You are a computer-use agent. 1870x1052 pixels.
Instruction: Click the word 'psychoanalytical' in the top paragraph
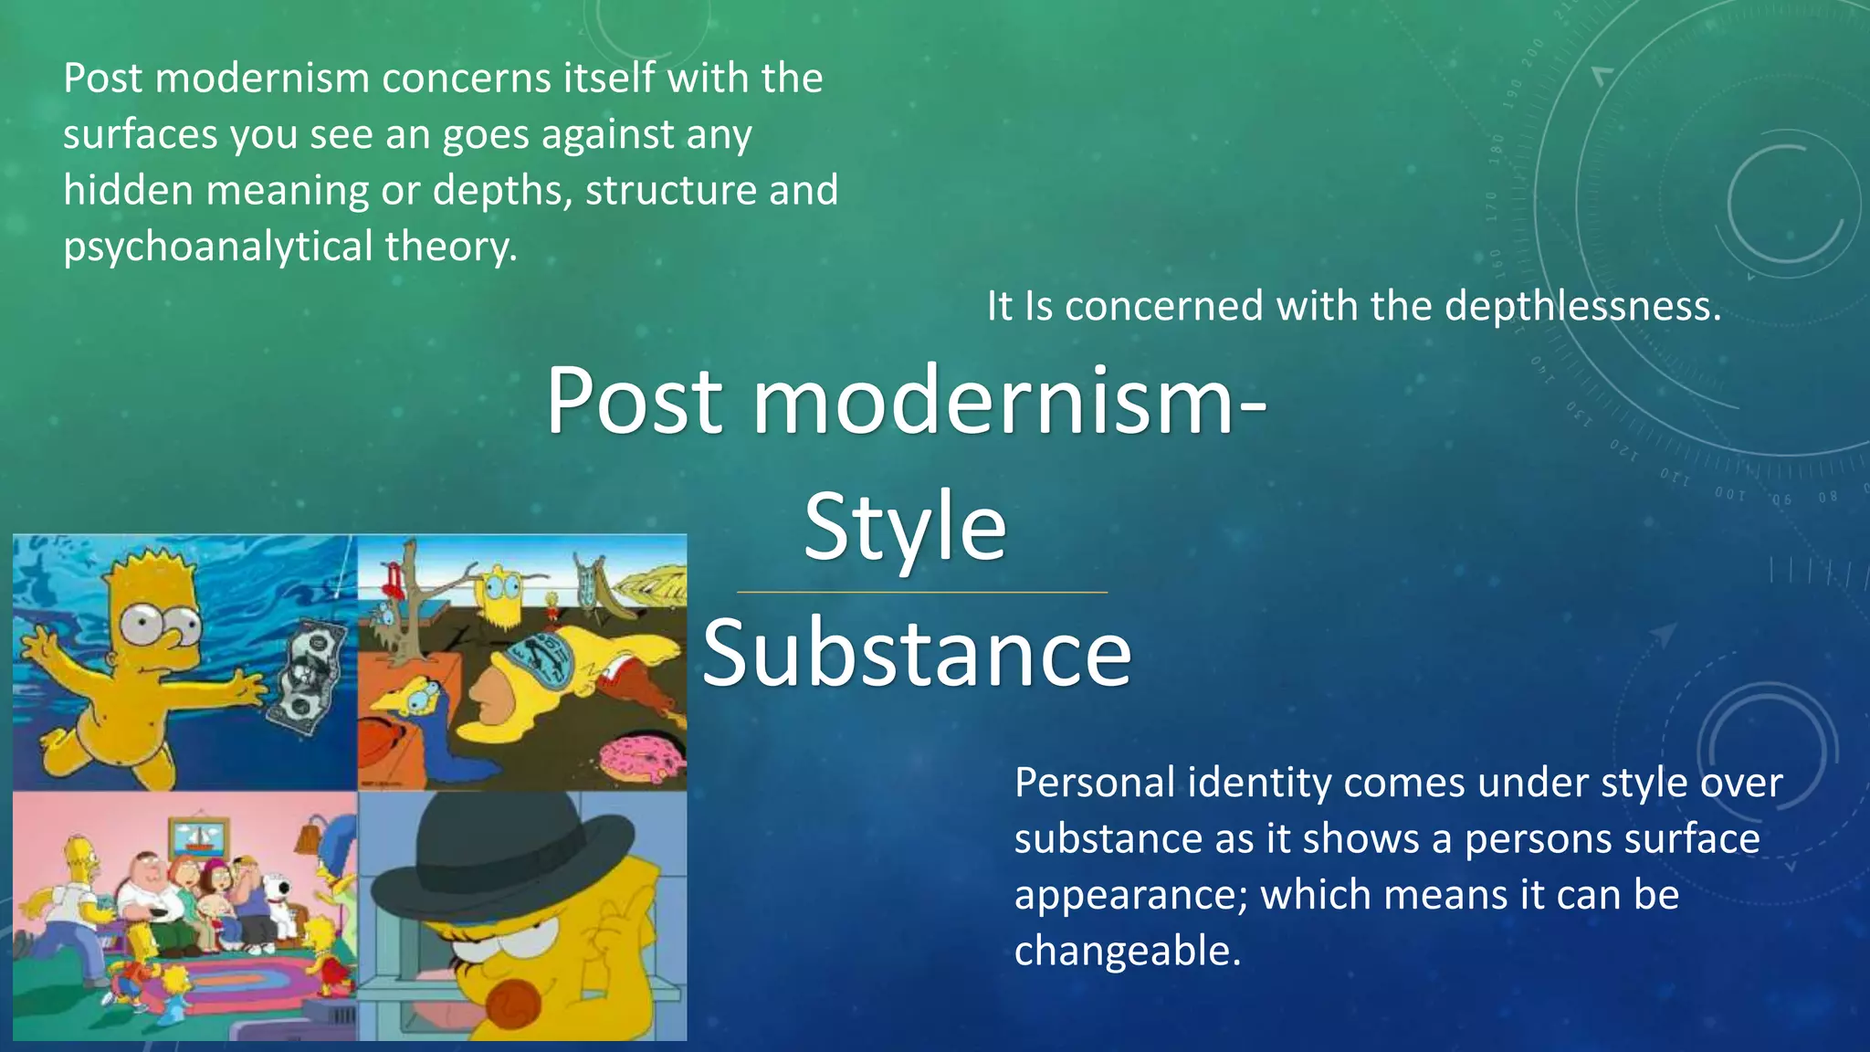pyautogui.click(x=218, y=247)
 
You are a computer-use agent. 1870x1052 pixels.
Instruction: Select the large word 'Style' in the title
pyautogui.click(x=905, y=527)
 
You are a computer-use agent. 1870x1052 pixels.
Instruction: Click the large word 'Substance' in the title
pyautogui.click(x=917, y=653)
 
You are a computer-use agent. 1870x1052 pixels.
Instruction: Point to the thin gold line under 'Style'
pyautogui.click(x=922, y=593)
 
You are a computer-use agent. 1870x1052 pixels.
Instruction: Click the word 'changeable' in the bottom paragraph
pyautogui.click(x=1126, y=951)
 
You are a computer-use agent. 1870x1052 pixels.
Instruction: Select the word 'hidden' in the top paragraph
pyautogui.click(x=128, y=191)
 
